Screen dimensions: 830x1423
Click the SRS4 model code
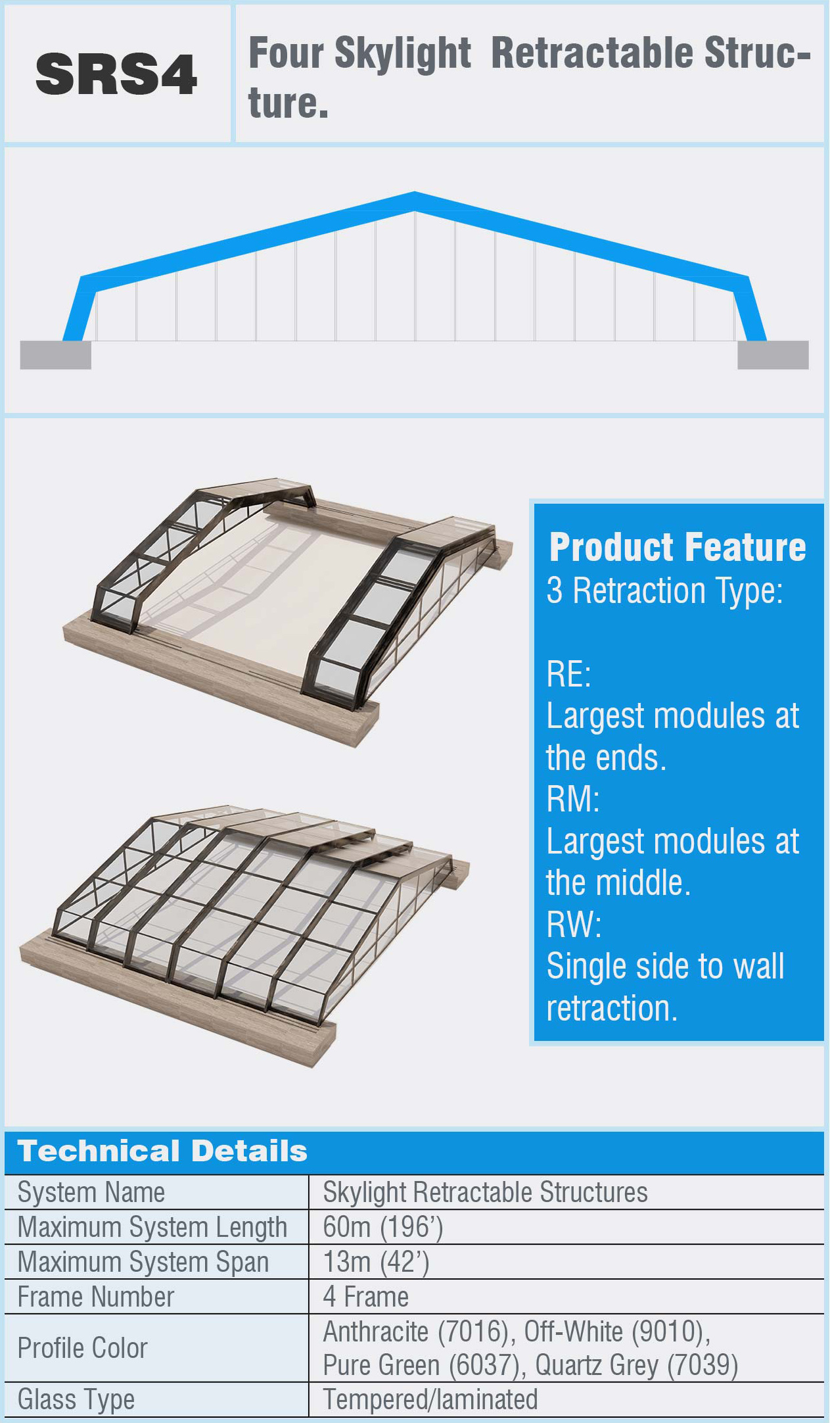(x=116, y=74)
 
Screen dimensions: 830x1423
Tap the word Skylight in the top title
(x=403, y=53)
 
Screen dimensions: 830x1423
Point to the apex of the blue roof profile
(x=415, y=193)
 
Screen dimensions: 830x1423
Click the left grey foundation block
(x=55, y=355)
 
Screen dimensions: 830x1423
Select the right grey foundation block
(x=773, y=355)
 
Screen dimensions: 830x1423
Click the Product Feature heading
(x=678, y=547)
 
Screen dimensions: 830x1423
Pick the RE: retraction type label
(x=569, y=674)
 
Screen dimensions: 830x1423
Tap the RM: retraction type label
(x=573, y=799)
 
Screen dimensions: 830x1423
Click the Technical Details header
(x=162, y=1151)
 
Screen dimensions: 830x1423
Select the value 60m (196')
(x=383, y=1227)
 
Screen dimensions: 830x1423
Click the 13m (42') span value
(x=376, y=1262)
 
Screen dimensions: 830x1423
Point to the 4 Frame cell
(x=366, y=1297)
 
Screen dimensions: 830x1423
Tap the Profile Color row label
(x=83, y=1348)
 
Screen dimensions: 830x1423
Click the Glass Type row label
(x=76, y=1399)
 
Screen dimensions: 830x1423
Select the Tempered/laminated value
(x=430, y=1399)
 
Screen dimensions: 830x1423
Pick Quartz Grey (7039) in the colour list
(x=637, y=1365)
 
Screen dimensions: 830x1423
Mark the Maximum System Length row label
(x=152, y=1227)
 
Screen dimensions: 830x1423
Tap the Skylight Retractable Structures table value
(x=486, y=1192)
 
